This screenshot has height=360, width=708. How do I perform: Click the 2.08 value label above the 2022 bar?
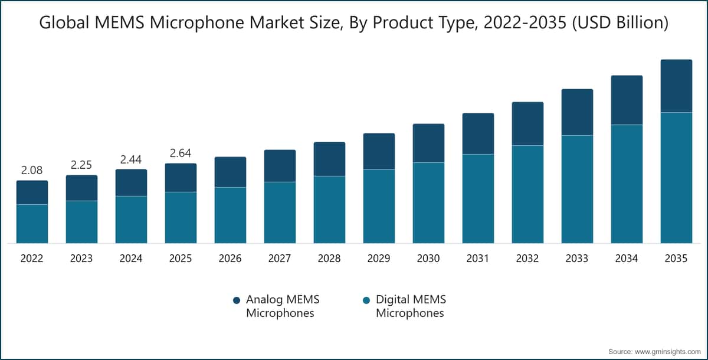pyautogui.click(x=32, y=171)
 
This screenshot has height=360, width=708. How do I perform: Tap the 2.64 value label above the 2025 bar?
pyautogui.click(x=181, y=153)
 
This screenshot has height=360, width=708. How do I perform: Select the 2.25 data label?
pyautogui.click(x=81, y=165)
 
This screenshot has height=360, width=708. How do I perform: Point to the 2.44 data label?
pyautogui.click(x=131, y=159)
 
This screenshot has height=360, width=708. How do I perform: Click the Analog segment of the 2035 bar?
pyautogui.click(x=676, y=86)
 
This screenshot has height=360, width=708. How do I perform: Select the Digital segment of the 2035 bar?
pyautogui.click(x=676, y=177)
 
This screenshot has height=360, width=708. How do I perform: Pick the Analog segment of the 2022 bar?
pyautogui.click(x=32, y=192)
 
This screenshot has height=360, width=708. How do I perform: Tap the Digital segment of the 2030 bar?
pyautogui.click(x=428, y=202)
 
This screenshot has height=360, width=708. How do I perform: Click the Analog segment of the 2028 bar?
pyautogui.click(x=329, y=159)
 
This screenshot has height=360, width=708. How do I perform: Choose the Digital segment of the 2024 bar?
pyautogui.click(x=131, y=219)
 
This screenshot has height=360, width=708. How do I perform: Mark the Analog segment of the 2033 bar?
pyautogui.click(x=577, y=112)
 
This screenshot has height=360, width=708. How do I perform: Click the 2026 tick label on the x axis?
pyautogui.click(x=230, y=258)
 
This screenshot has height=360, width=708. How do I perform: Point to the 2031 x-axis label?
pyautogui.click(x=478, y=258)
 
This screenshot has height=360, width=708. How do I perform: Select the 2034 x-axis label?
pyautogui.click(x=627, y=258)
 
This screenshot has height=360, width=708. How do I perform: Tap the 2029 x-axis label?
pyautogui.click(x=379, y=258)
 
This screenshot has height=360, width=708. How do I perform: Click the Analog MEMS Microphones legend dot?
pyautogui.click(x=237, y=300)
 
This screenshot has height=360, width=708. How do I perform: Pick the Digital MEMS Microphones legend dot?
pyautogui.click(x=366, y=300)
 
